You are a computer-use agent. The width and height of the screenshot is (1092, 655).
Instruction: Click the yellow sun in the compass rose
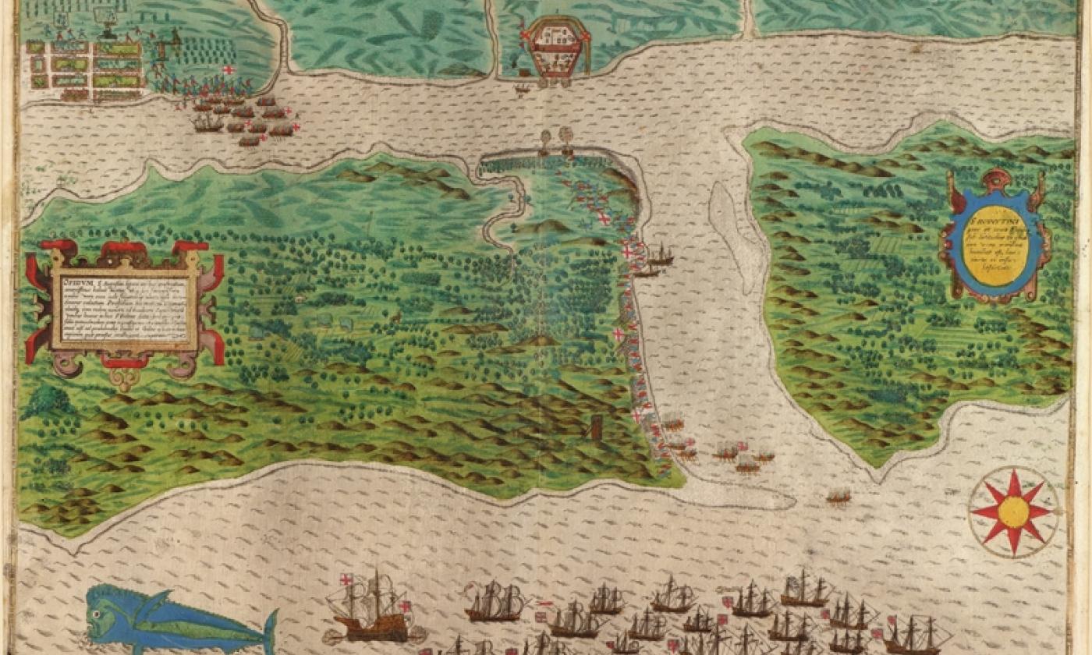pos(1014,512)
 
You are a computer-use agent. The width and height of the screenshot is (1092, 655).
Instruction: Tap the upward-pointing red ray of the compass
pos(1014,480)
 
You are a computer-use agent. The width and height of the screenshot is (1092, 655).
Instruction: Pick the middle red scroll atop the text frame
pos(125,250)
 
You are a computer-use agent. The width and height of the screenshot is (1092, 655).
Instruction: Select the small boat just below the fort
pos(521,89)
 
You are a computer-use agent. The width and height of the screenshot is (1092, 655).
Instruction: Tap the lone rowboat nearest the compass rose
pos(838,496)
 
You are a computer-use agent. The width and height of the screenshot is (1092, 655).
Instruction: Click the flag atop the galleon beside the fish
pos(346,580)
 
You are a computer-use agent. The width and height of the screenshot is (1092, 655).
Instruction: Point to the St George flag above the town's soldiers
pos(229,70)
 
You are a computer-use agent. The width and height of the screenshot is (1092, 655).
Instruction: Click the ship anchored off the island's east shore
pos(660,254)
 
